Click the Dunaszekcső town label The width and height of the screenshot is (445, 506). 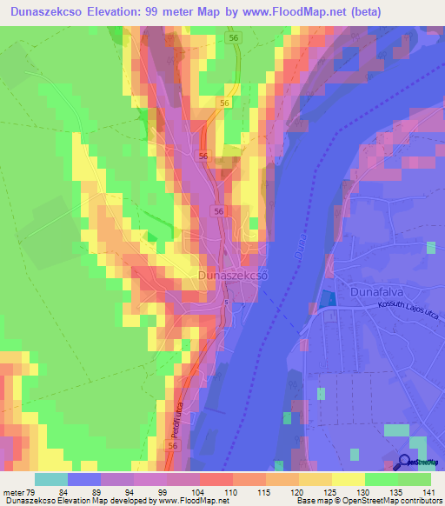coord(232,276)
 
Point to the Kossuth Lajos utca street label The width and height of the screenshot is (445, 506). coord(408,312)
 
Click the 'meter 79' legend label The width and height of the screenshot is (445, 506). coord(20,492)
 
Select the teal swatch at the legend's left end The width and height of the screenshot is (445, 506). coord(51,480)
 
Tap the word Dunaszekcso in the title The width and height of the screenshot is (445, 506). coord(53,12)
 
